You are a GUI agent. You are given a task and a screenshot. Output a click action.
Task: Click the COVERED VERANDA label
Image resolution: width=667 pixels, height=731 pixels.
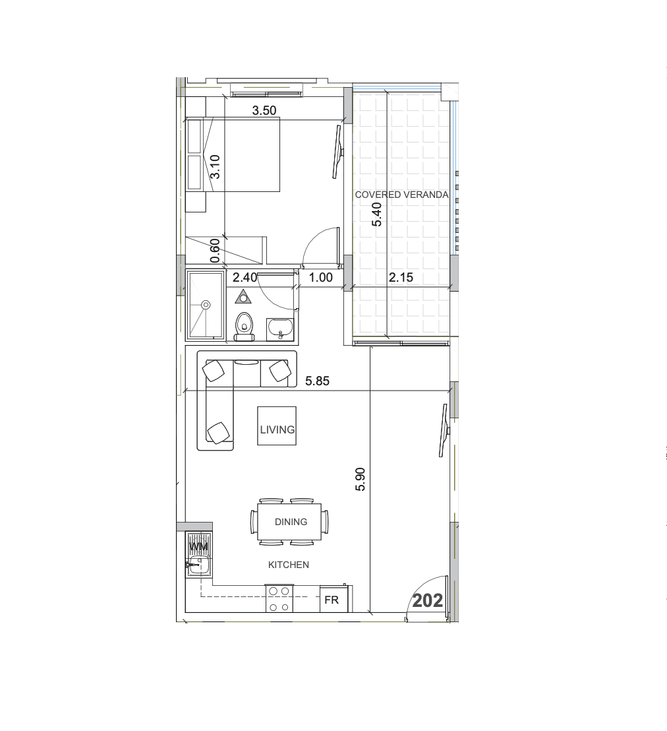click(x=401, y=195)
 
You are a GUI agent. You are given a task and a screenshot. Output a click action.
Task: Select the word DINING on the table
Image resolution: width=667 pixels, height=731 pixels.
click(x=291, y=521)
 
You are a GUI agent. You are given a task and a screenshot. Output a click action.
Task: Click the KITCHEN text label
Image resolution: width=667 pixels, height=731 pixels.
click(x=288, y=565)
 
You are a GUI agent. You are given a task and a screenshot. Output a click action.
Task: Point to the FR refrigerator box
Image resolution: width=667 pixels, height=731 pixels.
click(x=332, y=600)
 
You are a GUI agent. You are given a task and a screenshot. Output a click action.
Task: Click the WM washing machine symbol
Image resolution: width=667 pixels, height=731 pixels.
click(x=198, y=547)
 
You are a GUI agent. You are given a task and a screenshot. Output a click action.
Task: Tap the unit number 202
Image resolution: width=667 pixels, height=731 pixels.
click(x=427, y=600)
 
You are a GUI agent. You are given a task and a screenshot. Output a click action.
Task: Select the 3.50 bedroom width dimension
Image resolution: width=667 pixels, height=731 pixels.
click(x=264, y=110)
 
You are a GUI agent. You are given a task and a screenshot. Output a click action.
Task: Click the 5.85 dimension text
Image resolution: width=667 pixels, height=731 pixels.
click(x=317, y=381)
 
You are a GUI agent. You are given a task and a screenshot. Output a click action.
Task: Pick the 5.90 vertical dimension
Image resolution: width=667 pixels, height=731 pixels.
click(x=360, y=479)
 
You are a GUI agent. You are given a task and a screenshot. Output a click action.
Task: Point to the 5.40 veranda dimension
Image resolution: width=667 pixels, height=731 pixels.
click(x=377, y=214)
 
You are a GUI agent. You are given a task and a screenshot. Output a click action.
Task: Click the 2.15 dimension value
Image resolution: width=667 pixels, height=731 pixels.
click(x=401, y=278)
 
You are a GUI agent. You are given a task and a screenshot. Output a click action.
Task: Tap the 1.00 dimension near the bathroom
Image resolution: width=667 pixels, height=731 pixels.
click(x=321, y=278)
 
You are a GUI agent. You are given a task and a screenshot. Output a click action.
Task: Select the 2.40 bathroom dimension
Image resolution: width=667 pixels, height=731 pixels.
click(x=245, y=278)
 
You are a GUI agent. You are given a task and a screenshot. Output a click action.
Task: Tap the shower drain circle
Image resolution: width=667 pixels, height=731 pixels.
click(x=206, y=305)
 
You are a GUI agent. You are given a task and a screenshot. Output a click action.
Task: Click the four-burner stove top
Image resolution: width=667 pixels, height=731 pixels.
click(x=279, y=598)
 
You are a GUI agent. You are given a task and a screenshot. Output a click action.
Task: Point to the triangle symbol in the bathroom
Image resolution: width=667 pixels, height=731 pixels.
click(x=243, y=297)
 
